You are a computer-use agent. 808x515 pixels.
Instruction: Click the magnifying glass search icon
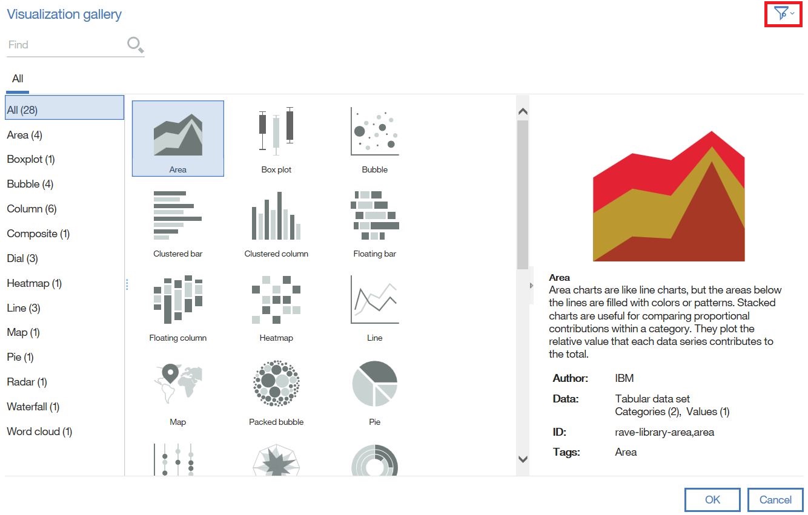(135, 44)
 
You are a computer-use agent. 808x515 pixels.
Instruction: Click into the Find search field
(64, 45)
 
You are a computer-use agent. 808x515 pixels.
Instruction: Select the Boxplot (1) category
(31, 159)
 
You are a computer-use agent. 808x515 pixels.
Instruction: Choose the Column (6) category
(31, 209)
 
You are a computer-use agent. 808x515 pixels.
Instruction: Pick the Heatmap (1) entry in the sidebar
(34, 283)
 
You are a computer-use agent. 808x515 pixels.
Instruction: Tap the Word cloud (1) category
(39, 431)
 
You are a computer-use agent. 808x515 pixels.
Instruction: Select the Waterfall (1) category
(33, 407)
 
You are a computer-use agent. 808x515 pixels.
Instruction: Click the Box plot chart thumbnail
(276, 138)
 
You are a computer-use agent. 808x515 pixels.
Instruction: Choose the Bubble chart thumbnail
(374, 138)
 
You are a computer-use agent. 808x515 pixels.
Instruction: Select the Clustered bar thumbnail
(177, 221)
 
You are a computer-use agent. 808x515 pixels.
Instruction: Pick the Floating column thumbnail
(177, 306)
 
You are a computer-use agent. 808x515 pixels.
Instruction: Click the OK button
(712, 500)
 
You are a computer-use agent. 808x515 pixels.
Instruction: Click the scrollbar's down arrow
(523, 459)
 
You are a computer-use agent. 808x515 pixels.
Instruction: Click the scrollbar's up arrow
(523, 111)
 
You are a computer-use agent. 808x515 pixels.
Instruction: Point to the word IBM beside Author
(624, 378)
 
